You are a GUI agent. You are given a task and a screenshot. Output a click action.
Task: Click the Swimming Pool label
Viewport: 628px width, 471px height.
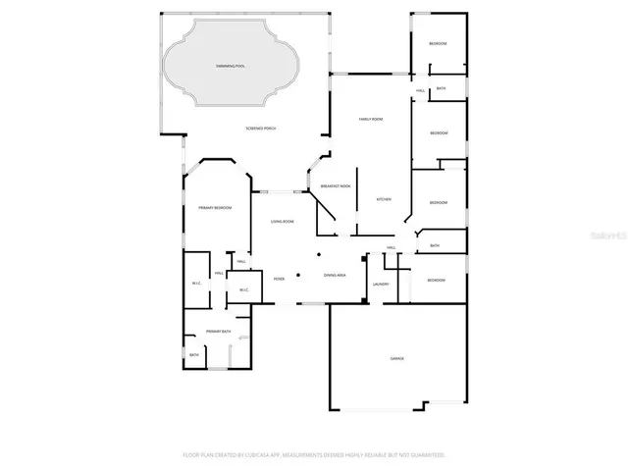(232, 65)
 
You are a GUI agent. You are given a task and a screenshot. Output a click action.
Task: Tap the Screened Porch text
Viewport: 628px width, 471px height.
(261, 130)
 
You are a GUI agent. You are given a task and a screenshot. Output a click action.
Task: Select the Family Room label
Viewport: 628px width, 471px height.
(370, 119)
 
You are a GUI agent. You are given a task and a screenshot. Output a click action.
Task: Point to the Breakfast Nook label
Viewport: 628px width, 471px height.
(336, 185)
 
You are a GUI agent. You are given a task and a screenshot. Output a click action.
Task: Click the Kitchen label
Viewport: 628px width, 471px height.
(385, 199)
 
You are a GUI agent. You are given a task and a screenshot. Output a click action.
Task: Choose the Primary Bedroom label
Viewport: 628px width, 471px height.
(215, 207)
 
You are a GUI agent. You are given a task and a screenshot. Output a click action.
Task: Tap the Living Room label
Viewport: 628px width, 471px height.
(283, 221)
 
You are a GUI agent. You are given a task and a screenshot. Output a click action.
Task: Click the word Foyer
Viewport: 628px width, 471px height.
(280, 277)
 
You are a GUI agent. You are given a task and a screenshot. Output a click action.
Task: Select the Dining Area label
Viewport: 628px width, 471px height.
(335, 275)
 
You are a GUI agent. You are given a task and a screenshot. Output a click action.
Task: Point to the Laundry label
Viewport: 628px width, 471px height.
(381, 285)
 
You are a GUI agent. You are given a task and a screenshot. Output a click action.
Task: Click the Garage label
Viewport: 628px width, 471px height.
(397, 359)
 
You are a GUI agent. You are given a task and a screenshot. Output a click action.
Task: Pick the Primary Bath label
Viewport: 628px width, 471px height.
(219, 332)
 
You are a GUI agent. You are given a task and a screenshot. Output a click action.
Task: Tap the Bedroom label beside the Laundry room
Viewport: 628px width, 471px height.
(435, 281)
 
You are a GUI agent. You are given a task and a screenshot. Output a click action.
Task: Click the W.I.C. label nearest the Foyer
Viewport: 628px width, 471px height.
(243, 289)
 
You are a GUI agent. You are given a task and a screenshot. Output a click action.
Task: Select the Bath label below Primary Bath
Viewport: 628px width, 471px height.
(194, 354)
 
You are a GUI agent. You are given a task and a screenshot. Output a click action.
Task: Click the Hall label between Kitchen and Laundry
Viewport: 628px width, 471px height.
(392, 247)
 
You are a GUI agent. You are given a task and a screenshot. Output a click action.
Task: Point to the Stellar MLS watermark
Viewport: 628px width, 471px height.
(608, 236)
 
